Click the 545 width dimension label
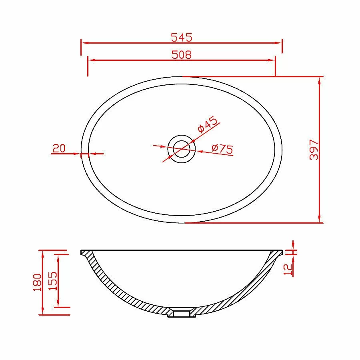[181, 38]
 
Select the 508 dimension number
[181, 55]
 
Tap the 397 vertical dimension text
[314, 150]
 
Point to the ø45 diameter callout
[207, 124]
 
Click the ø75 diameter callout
[222, 149]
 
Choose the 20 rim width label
[59, 148]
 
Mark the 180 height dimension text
[38, 282]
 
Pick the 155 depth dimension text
[53, 281]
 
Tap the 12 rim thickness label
[288, 269]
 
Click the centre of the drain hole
[181, 149]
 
